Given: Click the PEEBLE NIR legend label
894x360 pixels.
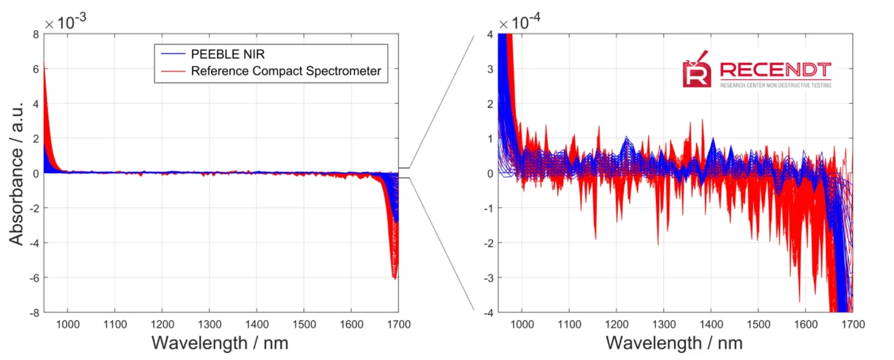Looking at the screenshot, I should coord(227,54).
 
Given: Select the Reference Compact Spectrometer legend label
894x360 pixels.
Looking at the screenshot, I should coord(286,71).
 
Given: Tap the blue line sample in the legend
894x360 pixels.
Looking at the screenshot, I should coord(173,54).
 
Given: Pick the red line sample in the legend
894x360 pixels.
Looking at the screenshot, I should coord(173,71).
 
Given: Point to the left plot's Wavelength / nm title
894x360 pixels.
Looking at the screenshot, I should coord(220,343).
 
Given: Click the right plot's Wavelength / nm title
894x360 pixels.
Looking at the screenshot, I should coord(674,343).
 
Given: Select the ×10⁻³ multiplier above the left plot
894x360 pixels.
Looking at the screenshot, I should coord(65,22).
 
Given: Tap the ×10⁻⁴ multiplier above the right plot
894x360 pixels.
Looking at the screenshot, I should coord(519,22).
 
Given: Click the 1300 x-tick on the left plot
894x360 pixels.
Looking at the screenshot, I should coord(210,324).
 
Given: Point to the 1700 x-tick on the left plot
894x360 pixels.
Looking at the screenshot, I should coord(398,324).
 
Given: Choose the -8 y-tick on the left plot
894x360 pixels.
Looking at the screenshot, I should coord(35,312).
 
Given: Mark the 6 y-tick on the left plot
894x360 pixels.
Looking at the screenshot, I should coord(36,69).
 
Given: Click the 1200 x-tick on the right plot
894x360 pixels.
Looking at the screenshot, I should coord(616,324).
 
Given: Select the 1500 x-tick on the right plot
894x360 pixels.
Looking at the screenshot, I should coord(758,324).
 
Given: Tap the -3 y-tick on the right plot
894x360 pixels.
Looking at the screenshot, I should coord(488,278).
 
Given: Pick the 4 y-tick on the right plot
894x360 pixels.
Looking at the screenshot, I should coord(490,35).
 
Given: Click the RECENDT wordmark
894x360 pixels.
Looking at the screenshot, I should coord(775,70).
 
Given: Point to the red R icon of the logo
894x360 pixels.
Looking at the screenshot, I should coord(696,72).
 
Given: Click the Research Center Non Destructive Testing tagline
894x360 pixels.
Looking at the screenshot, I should coord(775,86).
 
